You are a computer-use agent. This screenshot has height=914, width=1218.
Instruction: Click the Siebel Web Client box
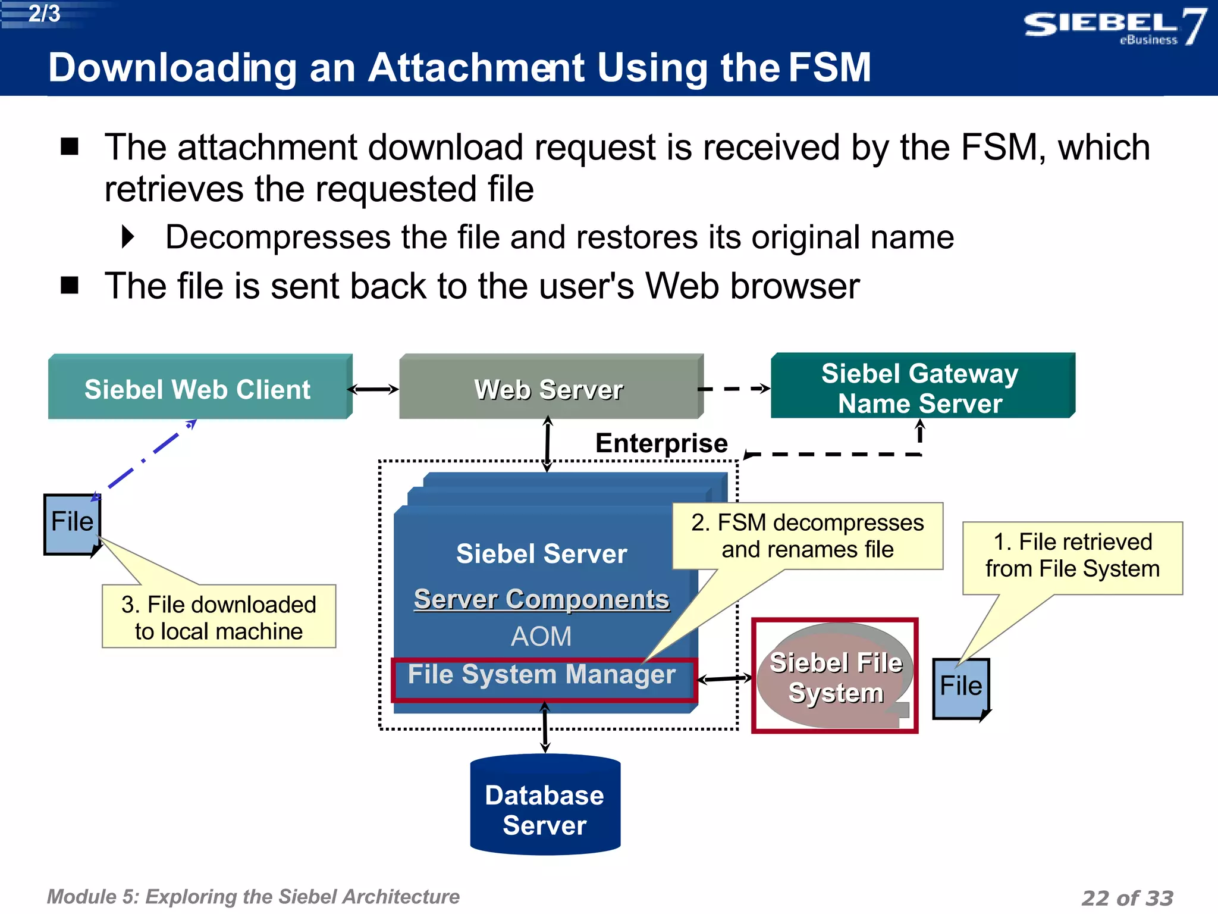(197, 389)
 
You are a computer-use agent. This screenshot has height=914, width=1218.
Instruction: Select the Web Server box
(548, 389)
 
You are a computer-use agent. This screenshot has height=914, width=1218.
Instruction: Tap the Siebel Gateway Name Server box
(920, 388)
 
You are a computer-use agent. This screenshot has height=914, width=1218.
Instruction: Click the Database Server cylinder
(545, 809)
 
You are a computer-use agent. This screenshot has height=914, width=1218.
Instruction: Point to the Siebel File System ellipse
(835, 677)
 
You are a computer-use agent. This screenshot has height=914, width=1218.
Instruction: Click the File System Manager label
(541, 675)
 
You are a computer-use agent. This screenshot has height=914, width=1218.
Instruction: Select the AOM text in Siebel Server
(541, 637)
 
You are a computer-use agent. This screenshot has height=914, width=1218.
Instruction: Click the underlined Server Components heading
(541, 599)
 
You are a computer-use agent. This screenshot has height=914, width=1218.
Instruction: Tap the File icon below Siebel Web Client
(72, 523)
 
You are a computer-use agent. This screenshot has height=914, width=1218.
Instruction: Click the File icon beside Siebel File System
(960, 687)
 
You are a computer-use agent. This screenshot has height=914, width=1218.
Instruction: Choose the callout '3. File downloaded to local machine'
(219, 617)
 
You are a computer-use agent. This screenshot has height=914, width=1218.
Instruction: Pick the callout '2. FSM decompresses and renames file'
(807, 536)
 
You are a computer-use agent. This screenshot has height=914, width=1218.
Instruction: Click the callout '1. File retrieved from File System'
(1072, 556)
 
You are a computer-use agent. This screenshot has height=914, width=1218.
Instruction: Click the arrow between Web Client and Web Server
(373, 390)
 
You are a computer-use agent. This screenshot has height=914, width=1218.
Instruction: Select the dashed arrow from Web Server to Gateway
(734, 389)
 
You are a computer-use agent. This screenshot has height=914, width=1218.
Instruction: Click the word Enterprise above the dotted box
(661, 443)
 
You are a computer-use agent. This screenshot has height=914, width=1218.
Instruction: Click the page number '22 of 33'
(1127, 897)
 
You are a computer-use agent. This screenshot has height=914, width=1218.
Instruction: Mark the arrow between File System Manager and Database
(545, 728)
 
